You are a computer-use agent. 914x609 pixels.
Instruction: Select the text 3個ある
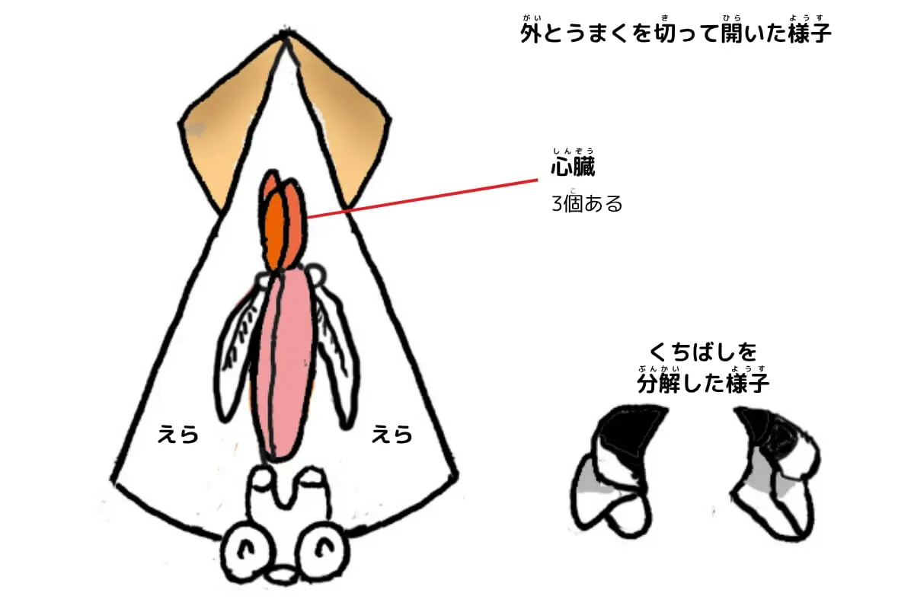coord(586,204)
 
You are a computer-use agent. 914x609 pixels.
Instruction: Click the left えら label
coord(177,435)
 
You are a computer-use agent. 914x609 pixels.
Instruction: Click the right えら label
coord(391,435)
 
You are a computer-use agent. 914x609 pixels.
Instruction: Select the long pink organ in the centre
coord(283,365)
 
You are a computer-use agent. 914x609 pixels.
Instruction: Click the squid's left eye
coord(245,548)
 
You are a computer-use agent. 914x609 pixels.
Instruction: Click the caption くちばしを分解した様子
coord(703,369)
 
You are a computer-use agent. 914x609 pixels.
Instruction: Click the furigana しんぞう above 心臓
coord(574,151)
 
